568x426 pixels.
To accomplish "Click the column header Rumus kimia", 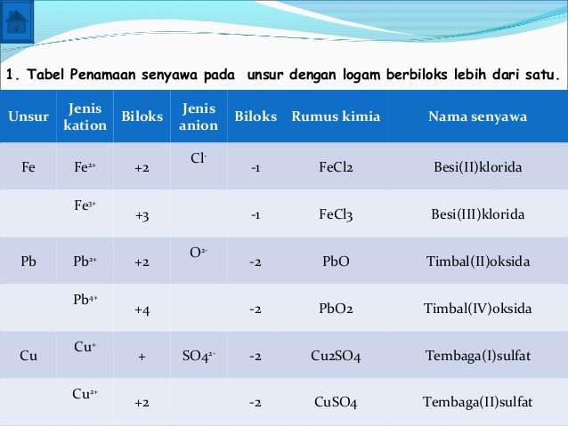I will point(336,117).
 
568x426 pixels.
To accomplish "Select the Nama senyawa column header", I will point(477,117).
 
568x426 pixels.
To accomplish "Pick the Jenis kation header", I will point(85,117).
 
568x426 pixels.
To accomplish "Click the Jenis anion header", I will point(199,117).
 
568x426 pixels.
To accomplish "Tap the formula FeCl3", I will point(336,214).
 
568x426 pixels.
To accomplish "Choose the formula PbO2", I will point(336,309).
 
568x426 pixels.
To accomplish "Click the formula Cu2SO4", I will point(336,357).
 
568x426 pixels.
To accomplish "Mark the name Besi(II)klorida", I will point(477,166).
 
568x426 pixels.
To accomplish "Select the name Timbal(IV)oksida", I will point(477,309).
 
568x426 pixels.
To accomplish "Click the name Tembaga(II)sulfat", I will point(477,403).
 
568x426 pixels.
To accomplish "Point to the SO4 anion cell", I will point(198,357).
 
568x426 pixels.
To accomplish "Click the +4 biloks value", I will point(141,309).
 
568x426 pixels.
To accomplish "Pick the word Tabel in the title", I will point(38,76).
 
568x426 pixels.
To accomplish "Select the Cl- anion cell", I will point(199,157).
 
